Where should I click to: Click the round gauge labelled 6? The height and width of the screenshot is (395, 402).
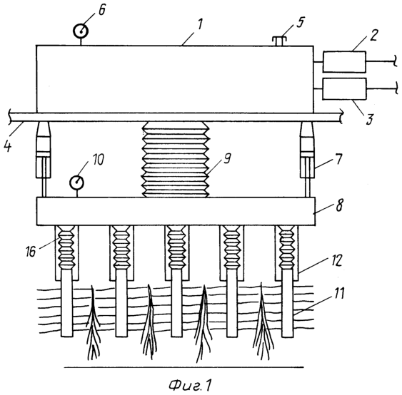(81, 31)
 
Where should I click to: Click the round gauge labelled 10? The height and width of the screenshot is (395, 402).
(76, 183)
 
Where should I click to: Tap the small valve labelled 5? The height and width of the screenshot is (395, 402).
(279, 41)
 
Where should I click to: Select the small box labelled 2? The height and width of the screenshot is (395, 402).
(344, 62)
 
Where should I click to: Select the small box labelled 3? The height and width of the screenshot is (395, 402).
(344, 89)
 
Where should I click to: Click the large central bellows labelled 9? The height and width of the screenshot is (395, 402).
(176, 159)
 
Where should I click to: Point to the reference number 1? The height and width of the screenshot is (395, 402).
(200, 24)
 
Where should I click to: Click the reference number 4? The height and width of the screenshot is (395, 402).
(8, 145)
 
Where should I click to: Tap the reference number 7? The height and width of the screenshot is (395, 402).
(338, 159)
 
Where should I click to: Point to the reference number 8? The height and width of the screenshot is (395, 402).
(339, 205)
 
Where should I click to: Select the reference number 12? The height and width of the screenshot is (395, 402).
(336, 261)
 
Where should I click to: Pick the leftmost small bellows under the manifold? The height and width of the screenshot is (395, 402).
(66, 247)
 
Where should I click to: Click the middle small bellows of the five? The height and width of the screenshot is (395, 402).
(176, 247)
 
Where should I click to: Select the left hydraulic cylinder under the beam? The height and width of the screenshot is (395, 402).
(44, 159)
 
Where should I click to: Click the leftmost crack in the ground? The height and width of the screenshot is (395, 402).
(93, 323)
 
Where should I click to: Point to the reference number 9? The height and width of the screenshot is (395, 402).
(227, 159)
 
